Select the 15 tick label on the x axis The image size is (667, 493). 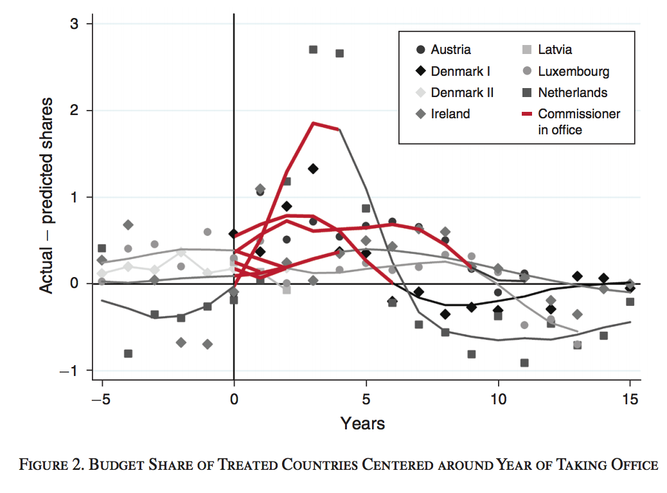(x=631, y=400)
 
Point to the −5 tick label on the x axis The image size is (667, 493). (x=102, y=400)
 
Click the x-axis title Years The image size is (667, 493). (x=362, y=424)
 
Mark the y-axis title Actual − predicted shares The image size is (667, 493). (x=47, y=196)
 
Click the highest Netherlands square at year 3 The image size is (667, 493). (x=313, y=49)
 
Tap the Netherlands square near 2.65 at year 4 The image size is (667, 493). (x=339, y=53)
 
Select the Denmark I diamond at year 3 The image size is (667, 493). (x=313, y=168)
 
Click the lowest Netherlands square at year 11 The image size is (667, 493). (x=524, y=363)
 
